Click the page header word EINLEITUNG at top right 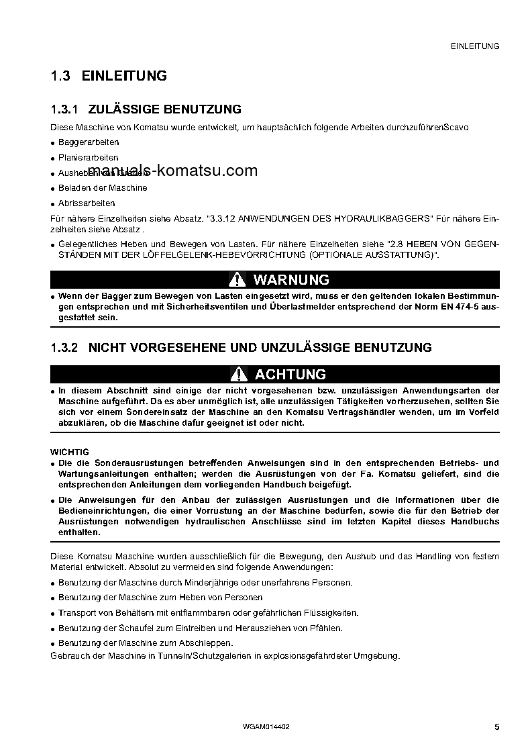tap(476, 46)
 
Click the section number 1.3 tap(60, 76)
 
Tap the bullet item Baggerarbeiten tap(89, 142)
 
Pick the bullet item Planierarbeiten tap(89, 158)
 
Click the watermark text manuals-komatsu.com tap(172, 171)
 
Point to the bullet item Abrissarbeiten tap(87, 203)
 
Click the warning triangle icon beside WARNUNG tap(237, 280)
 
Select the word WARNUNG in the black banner tap(291, 280)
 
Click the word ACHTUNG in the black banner tap(290, 375)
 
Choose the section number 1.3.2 tap(65, 348)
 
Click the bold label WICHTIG tap(70, 452)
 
